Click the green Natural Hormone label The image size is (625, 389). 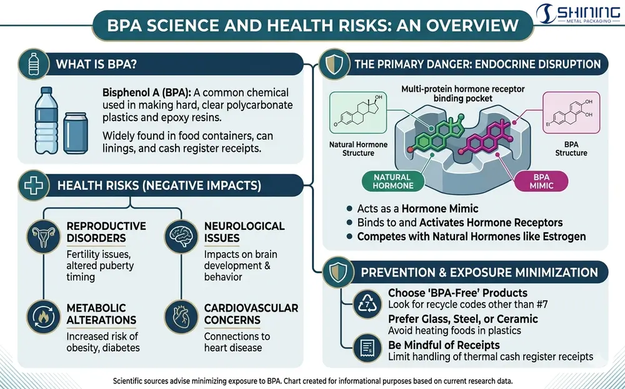click(392, 182)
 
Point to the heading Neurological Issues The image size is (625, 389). click(244, 232)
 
